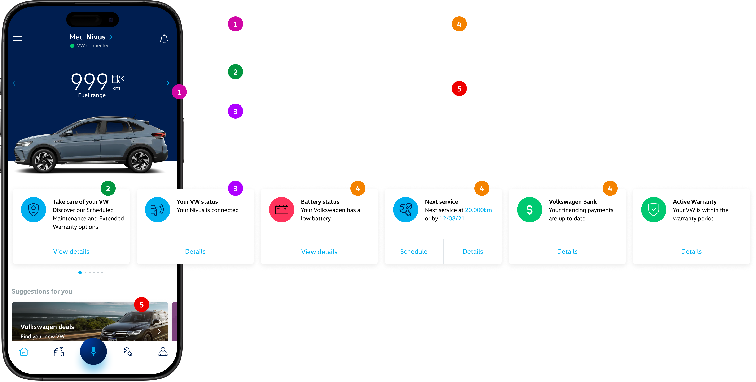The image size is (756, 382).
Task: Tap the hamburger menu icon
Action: (x=18, y=38)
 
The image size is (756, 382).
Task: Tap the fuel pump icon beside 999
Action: (x=118, y=79)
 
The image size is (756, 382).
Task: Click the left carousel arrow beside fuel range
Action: (x=14, y=83)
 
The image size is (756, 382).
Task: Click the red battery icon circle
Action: (x=281, y=210)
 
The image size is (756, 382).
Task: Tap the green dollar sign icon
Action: (x=529, y=210)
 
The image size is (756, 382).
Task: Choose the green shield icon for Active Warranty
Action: (x=654, y=210)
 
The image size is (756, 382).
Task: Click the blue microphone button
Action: (x=93, y=351)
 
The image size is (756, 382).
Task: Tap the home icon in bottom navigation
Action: (x=24, y=351)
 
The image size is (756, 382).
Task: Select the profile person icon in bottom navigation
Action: (x=163, y=351)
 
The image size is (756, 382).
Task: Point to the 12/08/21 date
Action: (x=452, y=218)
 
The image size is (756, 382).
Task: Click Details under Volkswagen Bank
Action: (x=567, y=252)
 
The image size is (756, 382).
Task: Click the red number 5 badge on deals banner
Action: (x=141, y=305)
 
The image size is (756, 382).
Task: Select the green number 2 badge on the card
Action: (x=108, y=188)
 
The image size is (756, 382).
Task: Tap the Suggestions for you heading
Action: (x=42, y=291)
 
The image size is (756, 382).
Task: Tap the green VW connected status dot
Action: (x=72, y=46)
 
